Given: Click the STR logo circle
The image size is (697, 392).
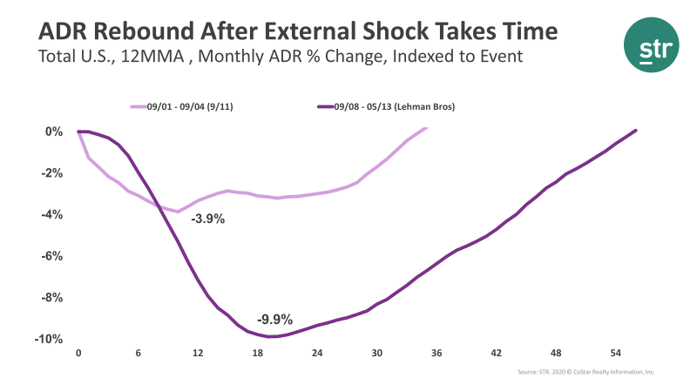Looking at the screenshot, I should pyautogui.click(x=650, y=49).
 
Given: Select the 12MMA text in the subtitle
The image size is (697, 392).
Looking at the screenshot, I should pyautogui.click(x=159, y=57).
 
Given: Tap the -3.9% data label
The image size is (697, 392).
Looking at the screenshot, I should pyautogui.click(x=208, y=219).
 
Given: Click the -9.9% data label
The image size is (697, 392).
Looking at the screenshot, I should pyautogui.click(x=274, y=318).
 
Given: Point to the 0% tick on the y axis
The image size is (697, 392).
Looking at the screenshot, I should pyautogui.click(x=54, y=132).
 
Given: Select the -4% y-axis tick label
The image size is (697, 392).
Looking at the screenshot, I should pyautogui.click(x=52, y=214).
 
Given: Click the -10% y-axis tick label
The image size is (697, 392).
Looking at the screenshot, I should pyautogui.click(x=50, y=339).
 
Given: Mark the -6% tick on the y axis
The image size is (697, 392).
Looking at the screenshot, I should pyautogui.click(x=52, y=256).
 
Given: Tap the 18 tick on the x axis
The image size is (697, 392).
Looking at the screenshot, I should pyautogui.click(x=257, y=353).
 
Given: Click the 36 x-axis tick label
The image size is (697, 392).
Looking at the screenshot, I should pyautogui.click(x=436, y=353).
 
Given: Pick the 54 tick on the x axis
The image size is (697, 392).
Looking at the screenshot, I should pyautogui.click(x=615, y=353).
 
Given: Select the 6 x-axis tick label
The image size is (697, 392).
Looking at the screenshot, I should pyautogui.click(x=138, y=353).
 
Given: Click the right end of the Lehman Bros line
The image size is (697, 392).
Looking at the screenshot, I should pyautogui.click(x=636, y=131).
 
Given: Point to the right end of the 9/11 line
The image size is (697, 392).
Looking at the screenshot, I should pyautogui.click(x=427, y=129).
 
